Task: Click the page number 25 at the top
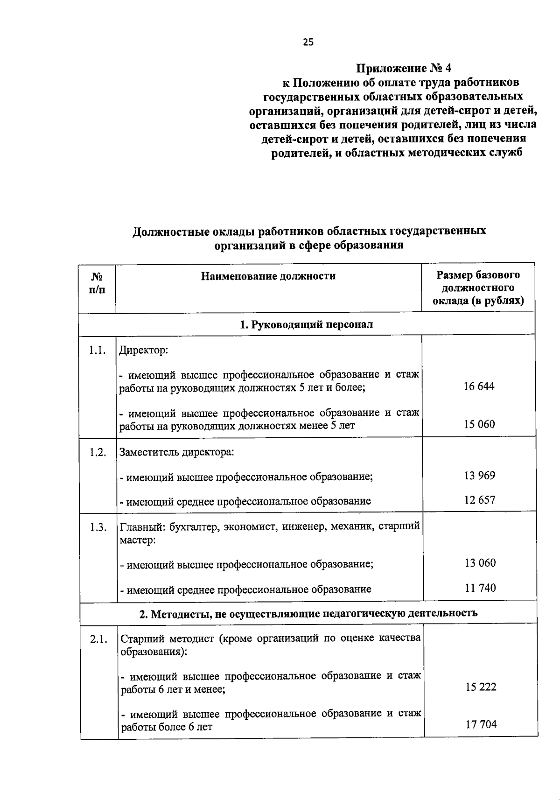pyautogui.click(x=308, y=42)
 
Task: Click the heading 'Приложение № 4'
pyautogui.click(x=404, y=68)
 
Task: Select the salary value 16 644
pyautogui.click(x=479, y=386)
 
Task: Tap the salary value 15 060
pyautogui.click(x=479, y=424)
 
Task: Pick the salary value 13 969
pyautogui.click(x=479, y=476)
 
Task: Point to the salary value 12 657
pyautogui.click(x=479, y=500)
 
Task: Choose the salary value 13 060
pyautogui.click(x=480, y=563)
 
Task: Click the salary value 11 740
pyautogui.click(x=480, y=588)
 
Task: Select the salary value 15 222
pyautogui.click(x=481, y=687)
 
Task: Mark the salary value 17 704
pyautogui.click(x=481, y=724)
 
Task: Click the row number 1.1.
pyautogui.click(x=98, y=351)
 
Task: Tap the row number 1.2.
pyautogui.click(x=98, y=453)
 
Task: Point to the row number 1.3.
pyautogui.click(x=98, y=527)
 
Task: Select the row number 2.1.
pyautogui.click(x=99, y=639)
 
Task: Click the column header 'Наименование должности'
pyautogui.click(x=268, y=276)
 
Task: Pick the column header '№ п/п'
pyautogui.click(x=97, y=283)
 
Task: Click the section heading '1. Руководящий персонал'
pyautogui.click(x=306, y=324)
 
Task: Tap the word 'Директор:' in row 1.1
pyautogui.click(x=143, y=350)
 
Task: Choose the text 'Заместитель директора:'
pyautogui.click(x=177, y=452)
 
